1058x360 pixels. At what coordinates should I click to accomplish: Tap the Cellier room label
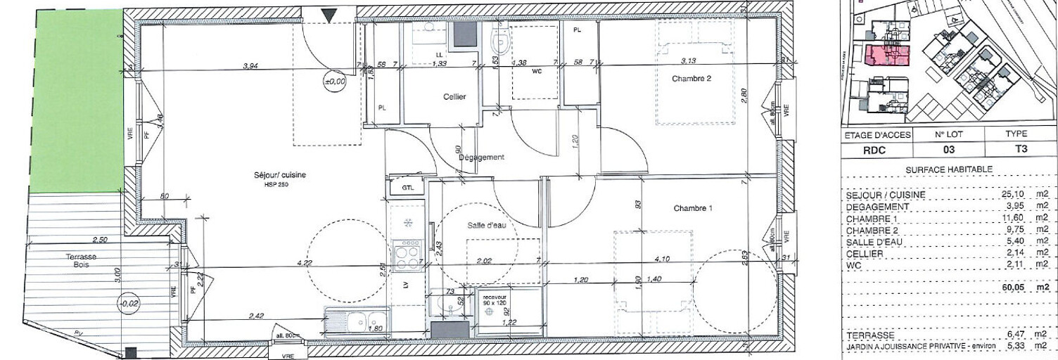click(454, 97)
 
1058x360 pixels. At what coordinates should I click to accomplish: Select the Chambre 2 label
click(691, 79)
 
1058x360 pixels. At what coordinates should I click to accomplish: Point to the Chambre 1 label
click(693, 208)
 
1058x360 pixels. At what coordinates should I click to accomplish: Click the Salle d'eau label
click(487, 226)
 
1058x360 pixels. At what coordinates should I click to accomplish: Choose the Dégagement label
click(482, 157)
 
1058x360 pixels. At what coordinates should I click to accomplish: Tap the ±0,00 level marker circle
click(335, 82)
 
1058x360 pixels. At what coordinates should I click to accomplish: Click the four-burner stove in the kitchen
click(408, 255)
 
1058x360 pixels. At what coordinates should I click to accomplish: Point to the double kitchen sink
click(358, 321)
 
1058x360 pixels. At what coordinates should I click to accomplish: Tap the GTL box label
click(407, 188)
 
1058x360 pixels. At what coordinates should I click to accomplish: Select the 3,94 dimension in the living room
click(250, 66)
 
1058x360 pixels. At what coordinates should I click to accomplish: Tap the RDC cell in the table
click(877, 149)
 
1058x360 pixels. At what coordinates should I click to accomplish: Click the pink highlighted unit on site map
click(884, 56)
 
